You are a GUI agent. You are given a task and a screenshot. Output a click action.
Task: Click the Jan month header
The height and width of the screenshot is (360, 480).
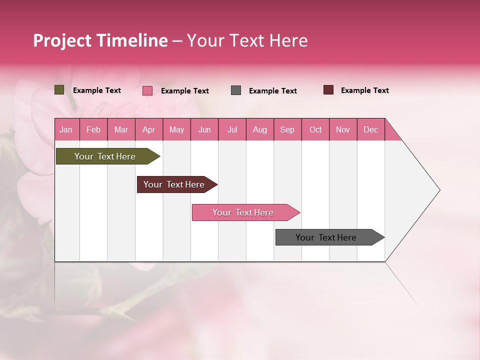point(66,129)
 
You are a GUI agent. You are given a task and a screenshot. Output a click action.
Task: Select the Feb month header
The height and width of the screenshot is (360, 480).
point(93,129)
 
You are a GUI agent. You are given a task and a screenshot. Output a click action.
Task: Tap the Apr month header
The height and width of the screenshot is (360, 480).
point(149,129)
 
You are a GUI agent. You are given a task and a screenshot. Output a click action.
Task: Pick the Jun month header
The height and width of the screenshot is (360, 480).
point(204,129)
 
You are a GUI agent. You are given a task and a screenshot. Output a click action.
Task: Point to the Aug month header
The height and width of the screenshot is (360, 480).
point(260,129)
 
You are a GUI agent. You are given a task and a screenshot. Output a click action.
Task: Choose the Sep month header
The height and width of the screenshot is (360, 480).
point(287,129)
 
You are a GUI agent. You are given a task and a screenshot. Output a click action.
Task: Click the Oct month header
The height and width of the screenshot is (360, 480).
point(315,129)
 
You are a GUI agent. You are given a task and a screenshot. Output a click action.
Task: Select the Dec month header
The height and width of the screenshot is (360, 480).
point(371,129)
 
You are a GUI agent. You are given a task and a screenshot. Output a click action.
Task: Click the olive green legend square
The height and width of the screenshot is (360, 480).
point(59,90)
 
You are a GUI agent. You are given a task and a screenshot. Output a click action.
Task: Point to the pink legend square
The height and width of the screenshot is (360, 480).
point(147,90)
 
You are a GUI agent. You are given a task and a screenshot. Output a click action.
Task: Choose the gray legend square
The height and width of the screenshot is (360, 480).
point(236,90)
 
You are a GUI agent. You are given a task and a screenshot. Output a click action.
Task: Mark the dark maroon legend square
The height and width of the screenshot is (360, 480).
point(328,90)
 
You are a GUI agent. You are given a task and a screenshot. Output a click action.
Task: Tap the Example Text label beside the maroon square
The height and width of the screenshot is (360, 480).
point(364,90)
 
